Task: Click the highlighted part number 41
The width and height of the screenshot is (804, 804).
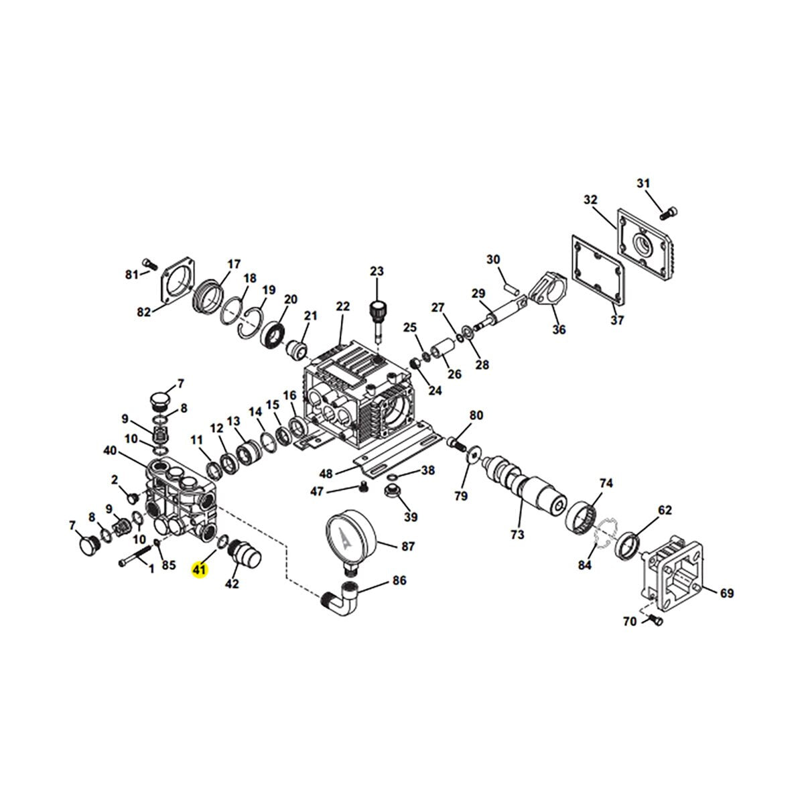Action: pos(200,569)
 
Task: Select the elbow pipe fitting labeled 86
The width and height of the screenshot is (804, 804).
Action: pos(340,602)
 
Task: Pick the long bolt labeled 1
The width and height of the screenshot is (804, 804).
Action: pos(135,555)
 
